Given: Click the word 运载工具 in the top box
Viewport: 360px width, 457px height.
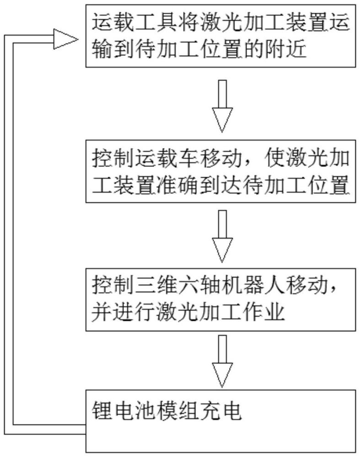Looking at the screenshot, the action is (x=134, y=22).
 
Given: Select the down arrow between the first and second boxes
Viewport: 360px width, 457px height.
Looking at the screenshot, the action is (x=222, y=106).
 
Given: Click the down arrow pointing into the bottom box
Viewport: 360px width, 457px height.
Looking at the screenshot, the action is (x=222, y=361).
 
